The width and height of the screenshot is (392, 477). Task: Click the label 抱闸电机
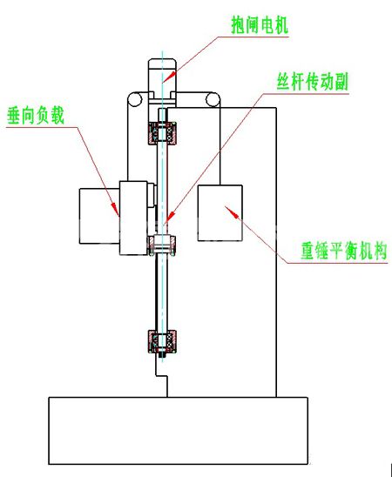pos(260,25)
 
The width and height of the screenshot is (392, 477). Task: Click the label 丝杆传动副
pos(312,81)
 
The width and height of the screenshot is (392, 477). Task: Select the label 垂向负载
pos(36,116)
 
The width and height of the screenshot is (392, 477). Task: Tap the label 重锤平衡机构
pos(344,251)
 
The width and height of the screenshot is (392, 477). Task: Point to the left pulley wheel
pos(135,99)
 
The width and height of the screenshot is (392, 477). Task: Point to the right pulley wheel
pos(213,99)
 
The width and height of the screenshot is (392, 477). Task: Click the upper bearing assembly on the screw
pos(163,133)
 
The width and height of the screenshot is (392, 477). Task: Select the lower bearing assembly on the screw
pos(163,341)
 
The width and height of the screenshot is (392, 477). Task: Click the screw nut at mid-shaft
pos(163,245)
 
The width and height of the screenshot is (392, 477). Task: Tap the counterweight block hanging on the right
pos(220,213)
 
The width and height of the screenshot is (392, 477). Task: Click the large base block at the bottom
pos(179,431)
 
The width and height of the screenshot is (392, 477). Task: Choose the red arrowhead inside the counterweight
pos(231,212)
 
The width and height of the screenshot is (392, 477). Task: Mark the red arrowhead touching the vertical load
pos(115,209)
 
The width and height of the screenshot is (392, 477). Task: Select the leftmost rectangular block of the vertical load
pos(99,216)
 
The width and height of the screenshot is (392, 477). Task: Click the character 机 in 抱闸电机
pos(281,25)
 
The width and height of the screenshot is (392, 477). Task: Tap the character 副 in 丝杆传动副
pos(341,82)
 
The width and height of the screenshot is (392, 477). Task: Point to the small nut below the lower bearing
pos(162,355)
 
